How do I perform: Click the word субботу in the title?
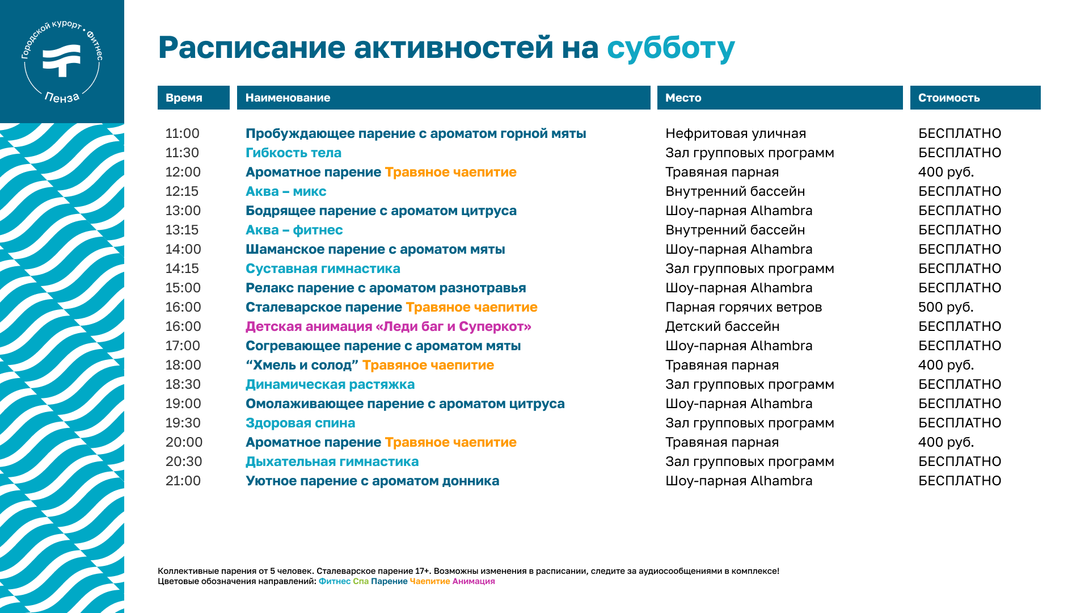pyautogui.click(x=670, y=48)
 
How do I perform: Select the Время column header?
pyautogui.click(x=193, y=98)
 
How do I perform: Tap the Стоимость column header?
pyautogui.click(x=975, y=98)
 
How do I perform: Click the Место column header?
pyautogui.click(x=780, y=98)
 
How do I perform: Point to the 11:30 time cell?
pyautogui.click(x=182, y=153)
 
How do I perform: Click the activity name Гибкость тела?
pyautogui.click(x=293, y=153)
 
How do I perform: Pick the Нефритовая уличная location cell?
pyautogui.click(x=736, y=133)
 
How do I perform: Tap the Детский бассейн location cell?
pyautogui.click(x=722, y=326)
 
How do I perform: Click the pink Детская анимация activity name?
pyautogui.click(x=389, y=326)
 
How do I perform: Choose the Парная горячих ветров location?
pyautogui.click(x=744, y=307)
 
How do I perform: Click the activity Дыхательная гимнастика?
pyautogui.click(x=332, y=461)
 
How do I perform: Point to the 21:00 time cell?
pyautogui.click(x=183, y=481)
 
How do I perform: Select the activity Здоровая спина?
pyautogui.click(x=300, y=423)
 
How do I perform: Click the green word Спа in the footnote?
pyautogui.click(x=361, y=581)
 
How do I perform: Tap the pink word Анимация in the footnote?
pyautogui.click(x=474, y=581)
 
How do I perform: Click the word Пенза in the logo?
pyautogui.click(x=62, y=98)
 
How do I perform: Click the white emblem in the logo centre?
pyautogui.click(x=62, y=60)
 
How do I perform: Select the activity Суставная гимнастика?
pyautogui.click(x=323, y=268)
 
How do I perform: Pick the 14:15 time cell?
pyautogui.click(x=182, y=268)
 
